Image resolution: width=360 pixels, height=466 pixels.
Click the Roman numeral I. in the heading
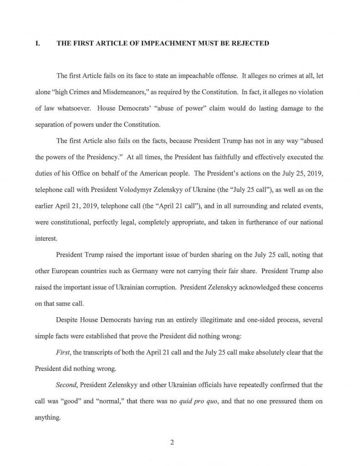(x=37, y=44)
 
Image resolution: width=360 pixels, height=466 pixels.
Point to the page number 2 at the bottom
(x=172, y=441)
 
